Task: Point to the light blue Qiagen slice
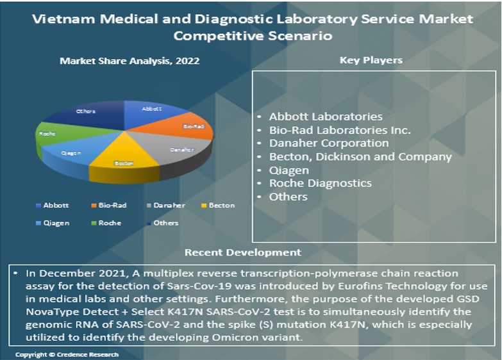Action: click(x=74, y=154)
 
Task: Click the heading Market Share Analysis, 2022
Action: click(x=130, y=61)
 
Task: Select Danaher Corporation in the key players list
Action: click(x=329, y=143)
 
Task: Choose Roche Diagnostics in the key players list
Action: click(x=320, y=183)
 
